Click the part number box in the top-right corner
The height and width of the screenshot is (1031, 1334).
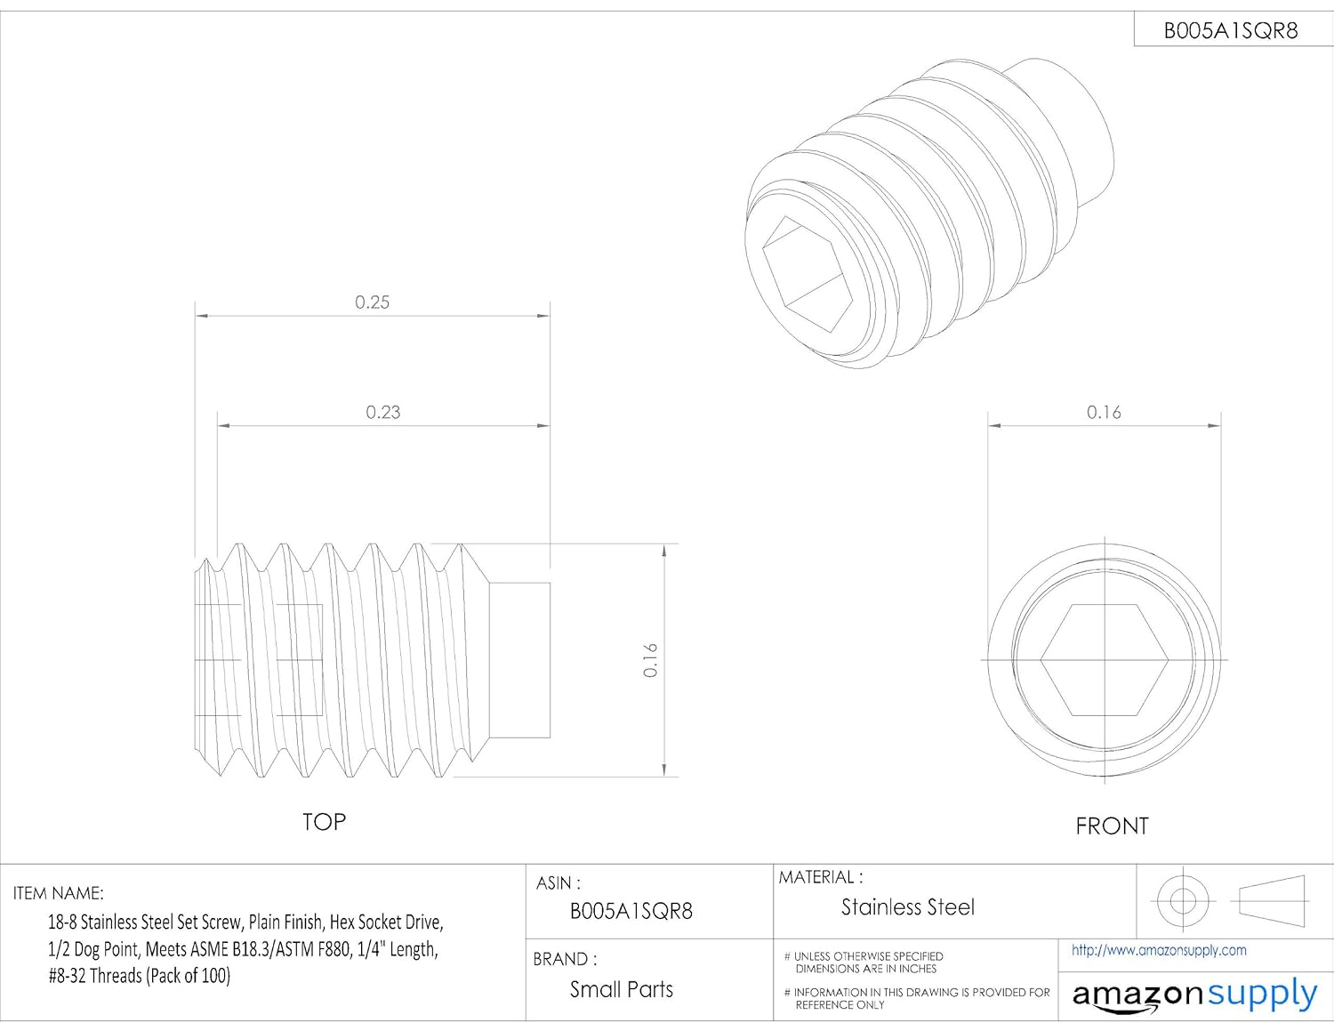coord(1231,30)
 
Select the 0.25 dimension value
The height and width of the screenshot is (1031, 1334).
coord(372,302)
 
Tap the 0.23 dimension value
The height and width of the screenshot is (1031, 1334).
coord(383,412)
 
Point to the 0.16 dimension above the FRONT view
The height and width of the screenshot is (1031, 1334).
coord(1104,412)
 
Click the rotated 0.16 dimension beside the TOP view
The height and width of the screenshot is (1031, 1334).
coord(650,660)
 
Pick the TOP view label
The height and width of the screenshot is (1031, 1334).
coord(324,822)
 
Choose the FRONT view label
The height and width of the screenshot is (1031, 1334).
coord(1112,826)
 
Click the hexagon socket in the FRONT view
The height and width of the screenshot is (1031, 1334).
coord(1104,660)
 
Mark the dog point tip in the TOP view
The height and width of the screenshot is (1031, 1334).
coord(520,660)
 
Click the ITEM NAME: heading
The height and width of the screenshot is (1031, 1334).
coord(58,893)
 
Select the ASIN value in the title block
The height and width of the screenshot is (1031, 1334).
coord(631,911)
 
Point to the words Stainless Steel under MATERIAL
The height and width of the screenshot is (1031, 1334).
coord(907,907)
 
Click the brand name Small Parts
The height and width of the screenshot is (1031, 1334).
coord(621,989)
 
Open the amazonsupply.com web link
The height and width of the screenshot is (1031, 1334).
coord(1159,950)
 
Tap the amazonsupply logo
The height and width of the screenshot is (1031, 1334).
coord(1194,995)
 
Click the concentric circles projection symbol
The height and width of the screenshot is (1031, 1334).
coord(1182,900)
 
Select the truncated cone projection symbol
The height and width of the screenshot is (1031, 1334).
coord(1272,900)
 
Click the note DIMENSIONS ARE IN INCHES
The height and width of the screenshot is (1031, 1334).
coord(865,969)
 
